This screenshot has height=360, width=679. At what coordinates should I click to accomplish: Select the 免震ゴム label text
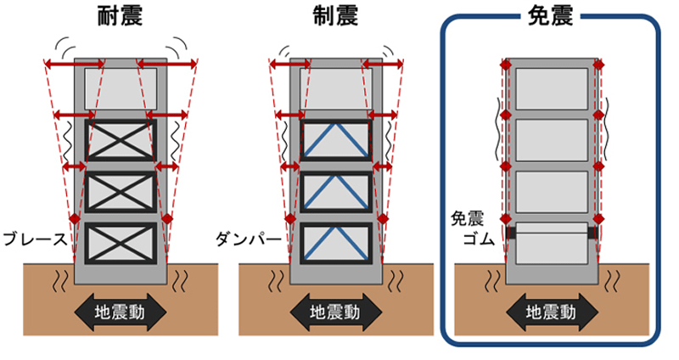(x=468, y=227)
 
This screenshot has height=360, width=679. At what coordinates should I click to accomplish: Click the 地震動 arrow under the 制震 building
(x=336, y=312)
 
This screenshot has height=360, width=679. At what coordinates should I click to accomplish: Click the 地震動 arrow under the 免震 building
(x=552, y=312)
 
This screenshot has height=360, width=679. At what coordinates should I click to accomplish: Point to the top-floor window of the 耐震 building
(x=121, y=87)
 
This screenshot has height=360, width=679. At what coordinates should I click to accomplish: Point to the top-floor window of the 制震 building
(x=336, y=87)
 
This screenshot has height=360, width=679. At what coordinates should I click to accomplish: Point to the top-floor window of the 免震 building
(x=552, y=88)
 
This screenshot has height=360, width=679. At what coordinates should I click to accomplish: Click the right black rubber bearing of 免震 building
(x=593, y=231)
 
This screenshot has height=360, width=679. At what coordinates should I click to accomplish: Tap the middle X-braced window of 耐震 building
(x=121, y=191)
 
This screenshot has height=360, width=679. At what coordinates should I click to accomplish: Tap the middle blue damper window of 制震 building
(x=336, y=191)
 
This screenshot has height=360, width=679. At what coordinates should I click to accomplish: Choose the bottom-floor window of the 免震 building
(x=552, y=244)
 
